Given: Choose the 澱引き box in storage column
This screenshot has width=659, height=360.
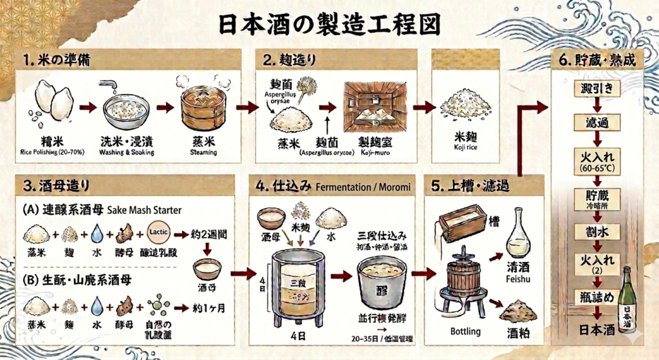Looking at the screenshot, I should [597, 87].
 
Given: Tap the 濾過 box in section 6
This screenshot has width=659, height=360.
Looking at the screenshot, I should [597, 122].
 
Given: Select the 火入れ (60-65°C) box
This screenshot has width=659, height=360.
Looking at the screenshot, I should [597, 160].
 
